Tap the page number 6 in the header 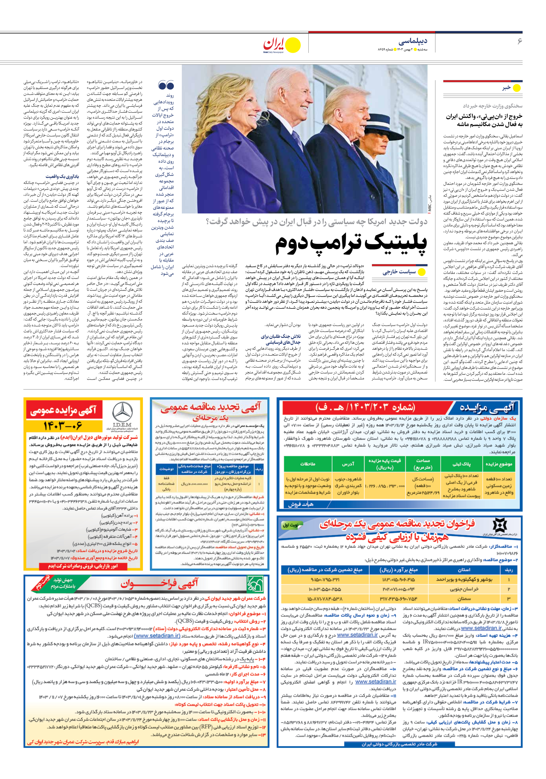point(519,41)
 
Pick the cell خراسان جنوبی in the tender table point(464,589)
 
